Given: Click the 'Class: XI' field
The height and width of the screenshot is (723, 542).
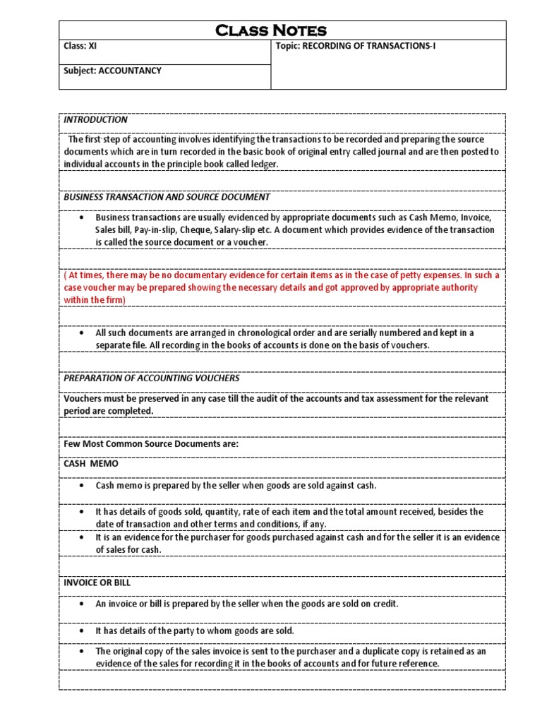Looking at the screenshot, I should pyautogui.click(x=80, y=47).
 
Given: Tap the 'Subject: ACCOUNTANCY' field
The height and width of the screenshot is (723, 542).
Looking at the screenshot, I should pyautogui.click(x=113, y=71).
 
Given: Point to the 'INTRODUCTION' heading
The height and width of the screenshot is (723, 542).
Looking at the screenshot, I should pyautogui.click(x=95, y=120).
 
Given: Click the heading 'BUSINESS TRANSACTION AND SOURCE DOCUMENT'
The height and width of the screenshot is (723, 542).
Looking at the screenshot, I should pyautogui.click(x=167, y=197).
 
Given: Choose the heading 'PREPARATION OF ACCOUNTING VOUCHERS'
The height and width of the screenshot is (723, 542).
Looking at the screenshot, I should pyautogui.click(x=151, y=378).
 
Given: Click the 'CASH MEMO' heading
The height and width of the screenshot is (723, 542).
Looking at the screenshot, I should pyautogui.click(x=91, y=465).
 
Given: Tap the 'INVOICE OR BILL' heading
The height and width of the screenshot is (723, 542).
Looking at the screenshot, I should pyautogui.click(x=97, y=583).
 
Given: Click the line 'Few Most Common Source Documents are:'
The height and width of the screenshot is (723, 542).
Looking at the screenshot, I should pyautogui.click(x=151, y=444).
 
